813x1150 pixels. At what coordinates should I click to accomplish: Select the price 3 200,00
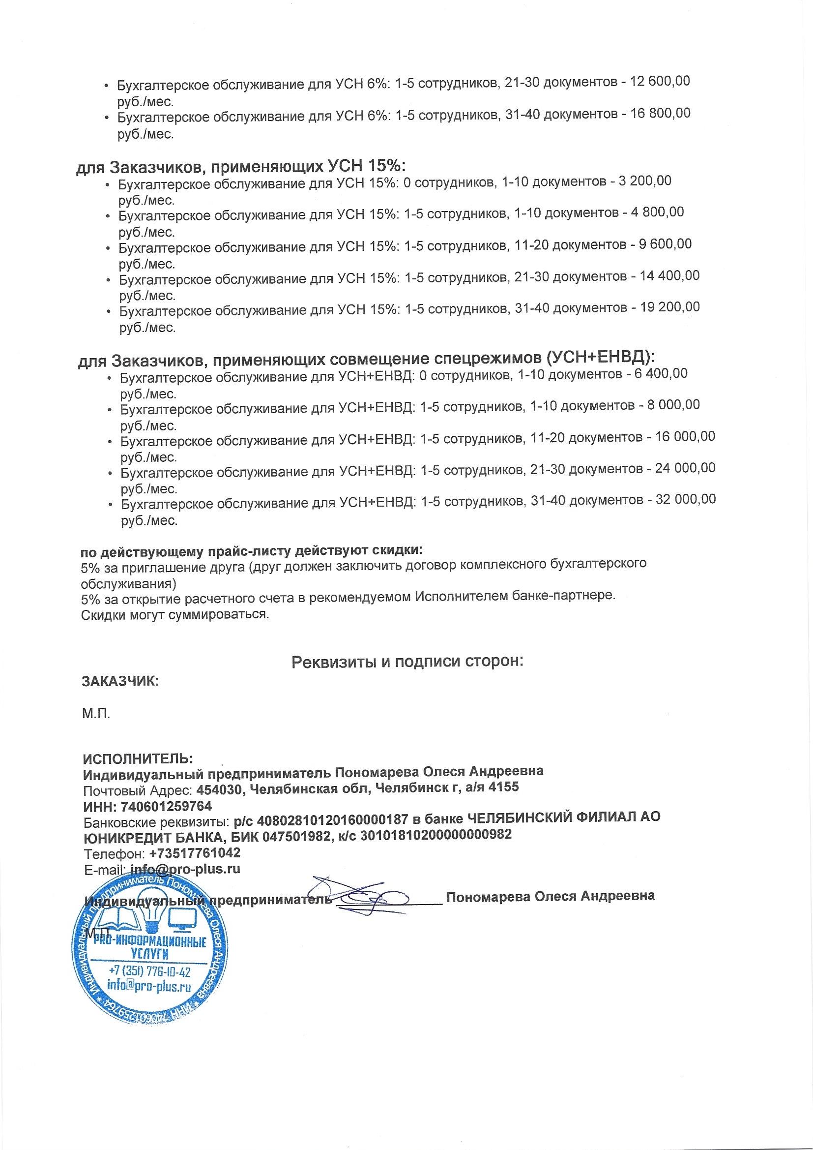click(644, 181)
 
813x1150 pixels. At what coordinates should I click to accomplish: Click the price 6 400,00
click(660, 373)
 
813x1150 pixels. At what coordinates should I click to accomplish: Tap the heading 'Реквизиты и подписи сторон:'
click(407, 662)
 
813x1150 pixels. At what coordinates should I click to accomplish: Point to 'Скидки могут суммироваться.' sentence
click(174, 614)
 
